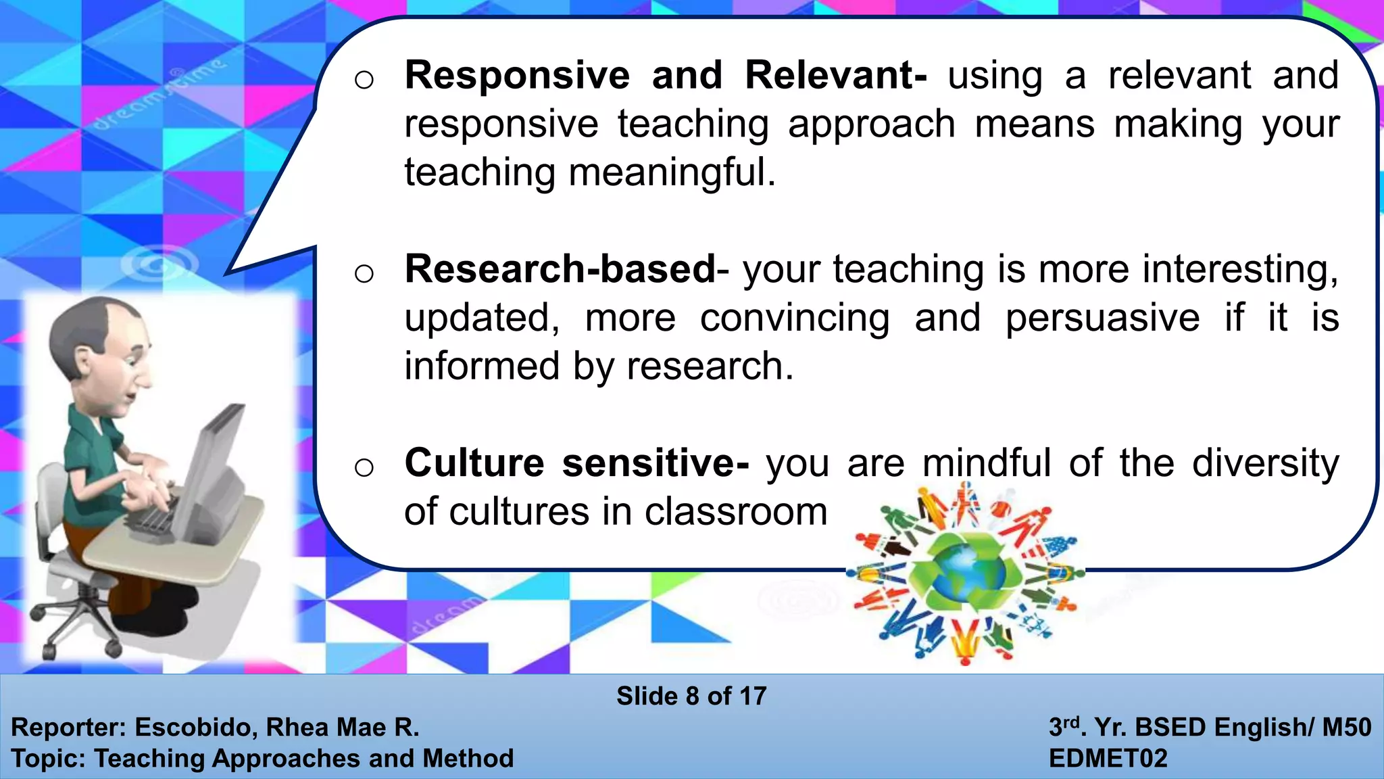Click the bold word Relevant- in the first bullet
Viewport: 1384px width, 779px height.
(x=835, y=75)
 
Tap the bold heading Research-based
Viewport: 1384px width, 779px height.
(x=560, y=269)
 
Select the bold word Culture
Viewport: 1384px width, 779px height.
(x=474, y=463)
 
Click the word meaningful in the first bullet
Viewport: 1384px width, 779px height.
(x=672, y=172)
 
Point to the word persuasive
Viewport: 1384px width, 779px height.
(x=1102, y=318)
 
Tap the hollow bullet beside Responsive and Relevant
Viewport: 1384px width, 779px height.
(x=364, y=80)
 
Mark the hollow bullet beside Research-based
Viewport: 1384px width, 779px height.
(x=364, y=274)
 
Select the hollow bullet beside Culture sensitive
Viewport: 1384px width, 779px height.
(x=364, y=467)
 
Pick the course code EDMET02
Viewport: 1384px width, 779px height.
(x=1108, y=759)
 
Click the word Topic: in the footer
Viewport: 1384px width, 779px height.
(x=48, y=759)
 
